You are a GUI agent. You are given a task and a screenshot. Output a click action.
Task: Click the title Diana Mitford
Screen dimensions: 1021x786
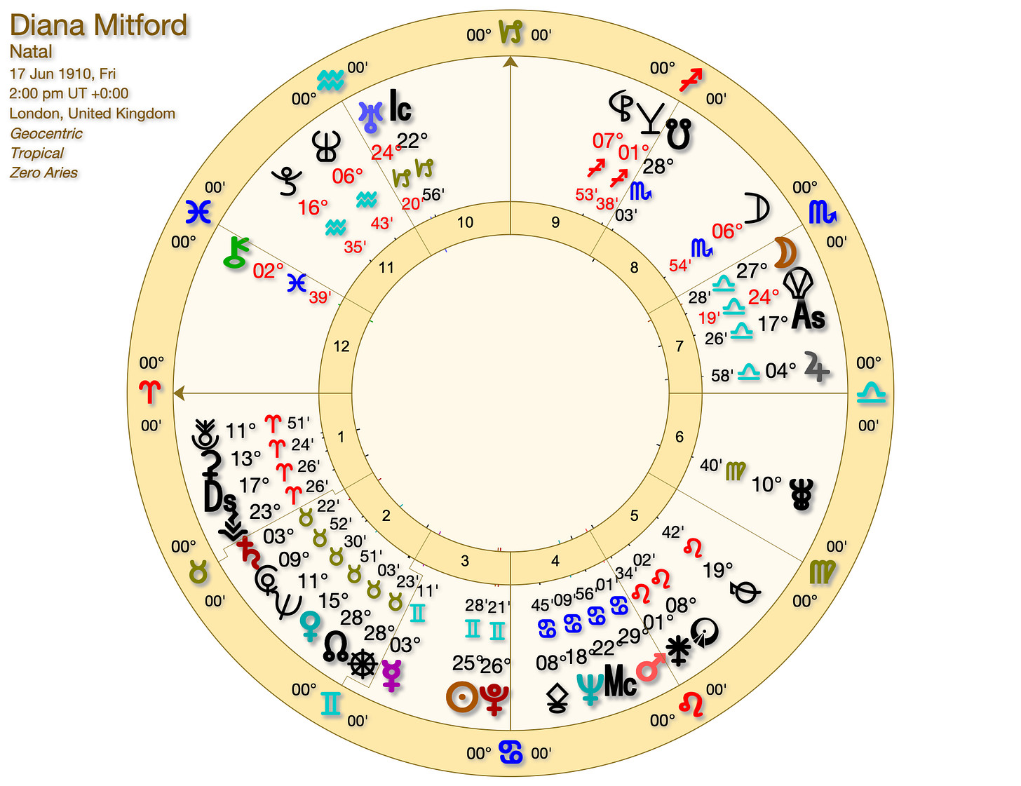pyautogui.click(x=99, y=26)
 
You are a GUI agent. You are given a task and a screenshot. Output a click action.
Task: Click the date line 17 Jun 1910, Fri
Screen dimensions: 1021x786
pyautogui.click(x=63, y=74)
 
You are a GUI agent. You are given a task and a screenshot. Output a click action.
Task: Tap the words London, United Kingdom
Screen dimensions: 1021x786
pyautogui.click(x=93, y=114)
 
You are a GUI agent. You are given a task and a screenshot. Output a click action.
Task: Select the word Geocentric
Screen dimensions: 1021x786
pyautogui.click(x=46, y=133)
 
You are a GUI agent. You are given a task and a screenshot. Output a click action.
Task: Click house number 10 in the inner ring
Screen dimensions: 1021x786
pyautogui.click(x=465, y=223)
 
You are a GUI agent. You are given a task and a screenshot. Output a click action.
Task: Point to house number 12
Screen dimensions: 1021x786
pyautogui.click(x=342, y=346)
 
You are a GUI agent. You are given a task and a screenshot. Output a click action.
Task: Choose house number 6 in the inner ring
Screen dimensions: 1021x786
pyautogui.click(x=679, y=437)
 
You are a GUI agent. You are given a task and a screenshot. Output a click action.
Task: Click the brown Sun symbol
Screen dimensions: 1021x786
pyautogui.click(x=462, y=696)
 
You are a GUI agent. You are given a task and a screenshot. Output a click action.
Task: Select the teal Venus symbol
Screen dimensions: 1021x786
pyautogui.click(x=309, y=624)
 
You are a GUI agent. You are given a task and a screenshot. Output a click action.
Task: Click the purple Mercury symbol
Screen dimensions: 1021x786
pyautogui.click(x=391, y=674)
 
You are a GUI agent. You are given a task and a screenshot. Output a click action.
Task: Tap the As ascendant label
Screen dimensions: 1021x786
pyautogui.click(x=808, y=317)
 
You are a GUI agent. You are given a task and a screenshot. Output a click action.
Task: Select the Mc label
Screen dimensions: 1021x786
pyautogui.click(x=620, y=681)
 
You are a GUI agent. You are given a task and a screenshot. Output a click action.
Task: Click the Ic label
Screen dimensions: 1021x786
pyautogui.click(x=400, y=107)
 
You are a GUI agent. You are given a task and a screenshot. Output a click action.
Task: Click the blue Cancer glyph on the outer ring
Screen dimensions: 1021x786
pyautogui.click(x=510, y=752)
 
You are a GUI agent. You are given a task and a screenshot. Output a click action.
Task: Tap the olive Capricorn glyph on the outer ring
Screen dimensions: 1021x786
pyautogui.click(x=510, y=32)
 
